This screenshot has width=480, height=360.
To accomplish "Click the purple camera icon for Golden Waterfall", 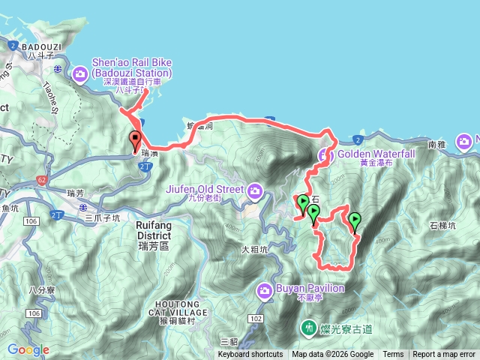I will (324, 156).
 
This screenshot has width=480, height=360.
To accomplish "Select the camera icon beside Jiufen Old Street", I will (256, 192).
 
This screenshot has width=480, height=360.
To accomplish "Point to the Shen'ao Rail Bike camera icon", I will (80, 73).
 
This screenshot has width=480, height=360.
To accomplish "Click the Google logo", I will (28, 349).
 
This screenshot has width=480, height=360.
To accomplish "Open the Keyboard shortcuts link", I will (250, 355).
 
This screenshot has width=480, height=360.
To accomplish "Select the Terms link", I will (393, 355).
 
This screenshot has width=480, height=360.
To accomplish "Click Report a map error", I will (444, 355).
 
